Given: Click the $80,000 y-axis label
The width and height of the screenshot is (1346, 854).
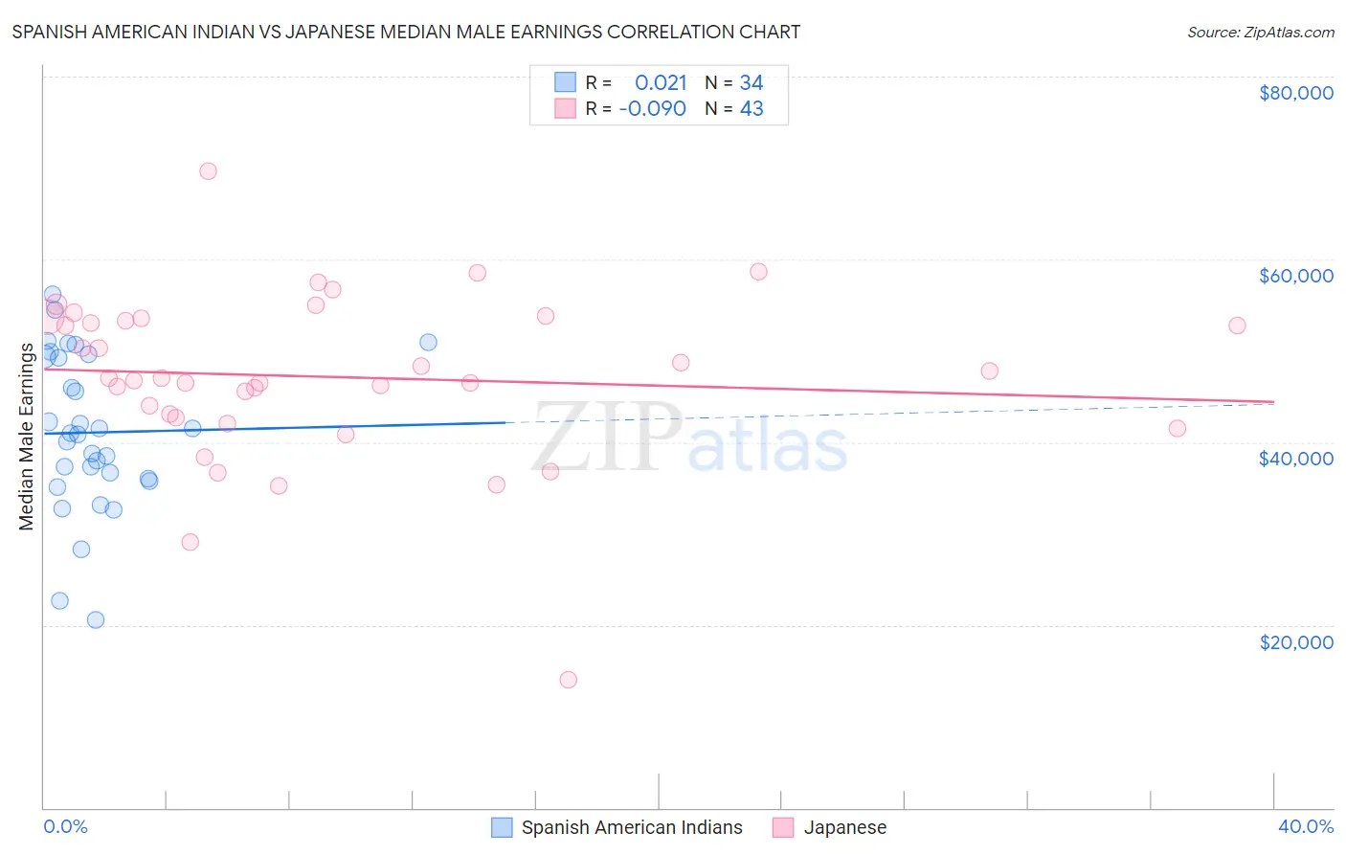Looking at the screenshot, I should (1295, 93).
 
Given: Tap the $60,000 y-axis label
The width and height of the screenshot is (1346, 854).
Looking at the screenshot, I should (1295, 276).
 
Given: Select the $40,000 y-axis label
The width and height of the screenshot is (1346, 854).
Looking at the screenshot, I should (1295, 459).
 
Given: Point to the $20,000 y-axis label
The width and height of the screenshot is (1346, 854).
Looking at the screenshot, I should (1295, 641).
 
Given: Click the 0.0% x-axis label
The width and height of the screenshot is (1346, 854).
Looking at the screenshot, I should (65, 826).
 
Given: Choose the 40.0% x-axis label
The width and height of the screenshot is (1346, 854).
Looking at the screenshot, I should (1305, 826).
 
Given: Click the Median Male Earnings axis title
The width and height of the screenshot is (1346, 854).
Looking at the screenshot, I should (27, 437).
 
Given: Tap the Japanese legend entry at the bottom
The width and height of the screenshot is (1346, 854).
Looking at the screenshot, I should (844, 827).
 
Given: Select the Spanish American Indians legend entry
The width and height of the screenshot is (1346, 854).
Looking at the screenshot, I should (631, 827).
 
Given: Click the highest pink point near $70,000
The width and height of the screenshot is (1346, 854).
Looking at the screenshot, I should (208, 171).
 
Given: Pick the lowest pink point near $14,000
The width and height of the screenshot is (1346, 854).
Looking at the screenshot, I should (568, 680).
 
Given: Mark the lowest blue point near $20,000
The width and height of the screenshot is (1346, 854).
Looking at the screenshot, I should (96, 619).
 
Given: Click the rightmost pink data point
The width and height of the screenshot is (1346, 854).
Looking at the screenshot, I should (1237, 326).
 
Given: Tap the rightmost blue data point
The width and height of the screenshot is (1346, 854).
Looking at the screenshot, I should (428, 343).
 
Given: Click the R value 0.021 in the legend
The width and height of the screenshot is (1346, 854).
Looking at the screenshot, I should (661, 83).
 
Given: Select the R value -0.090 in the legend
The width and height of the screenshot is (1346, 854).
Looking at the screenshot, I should (653, 109).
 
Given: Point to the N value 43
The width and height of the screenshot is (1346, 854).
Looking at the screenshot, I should (752, 109).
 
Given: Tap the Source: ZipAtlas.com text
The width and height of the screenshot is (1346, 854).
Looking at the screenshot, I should (1260, 33).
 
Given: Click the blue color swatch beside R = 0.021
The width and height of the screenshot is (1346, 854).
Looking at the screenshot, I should (565, 82).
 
